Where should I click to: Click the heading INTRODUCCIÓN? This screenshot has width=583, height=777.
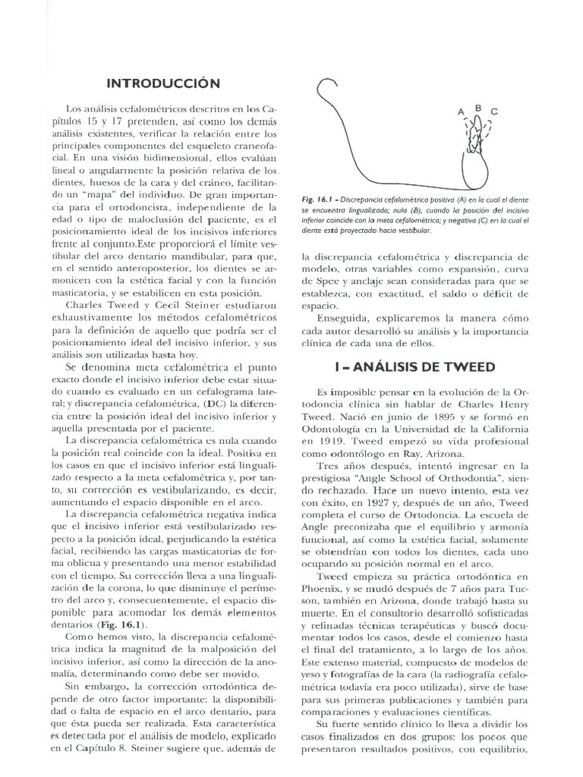pyautogui.click(x=162, y=82)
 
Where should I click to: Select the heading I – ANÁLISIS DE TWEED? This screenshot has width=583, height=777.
pyautogui.click(x=415, y=366)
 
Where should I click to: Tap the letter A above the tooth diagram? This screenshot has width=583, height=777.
pyautogui.click(x=460, y=112)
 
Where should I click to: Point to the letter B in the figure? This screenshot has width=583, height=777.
pyautogui.click(x=478, y=108)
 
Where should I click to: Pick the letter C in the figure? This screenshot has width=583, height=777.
pyautogui.click(x=494, y=112)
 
